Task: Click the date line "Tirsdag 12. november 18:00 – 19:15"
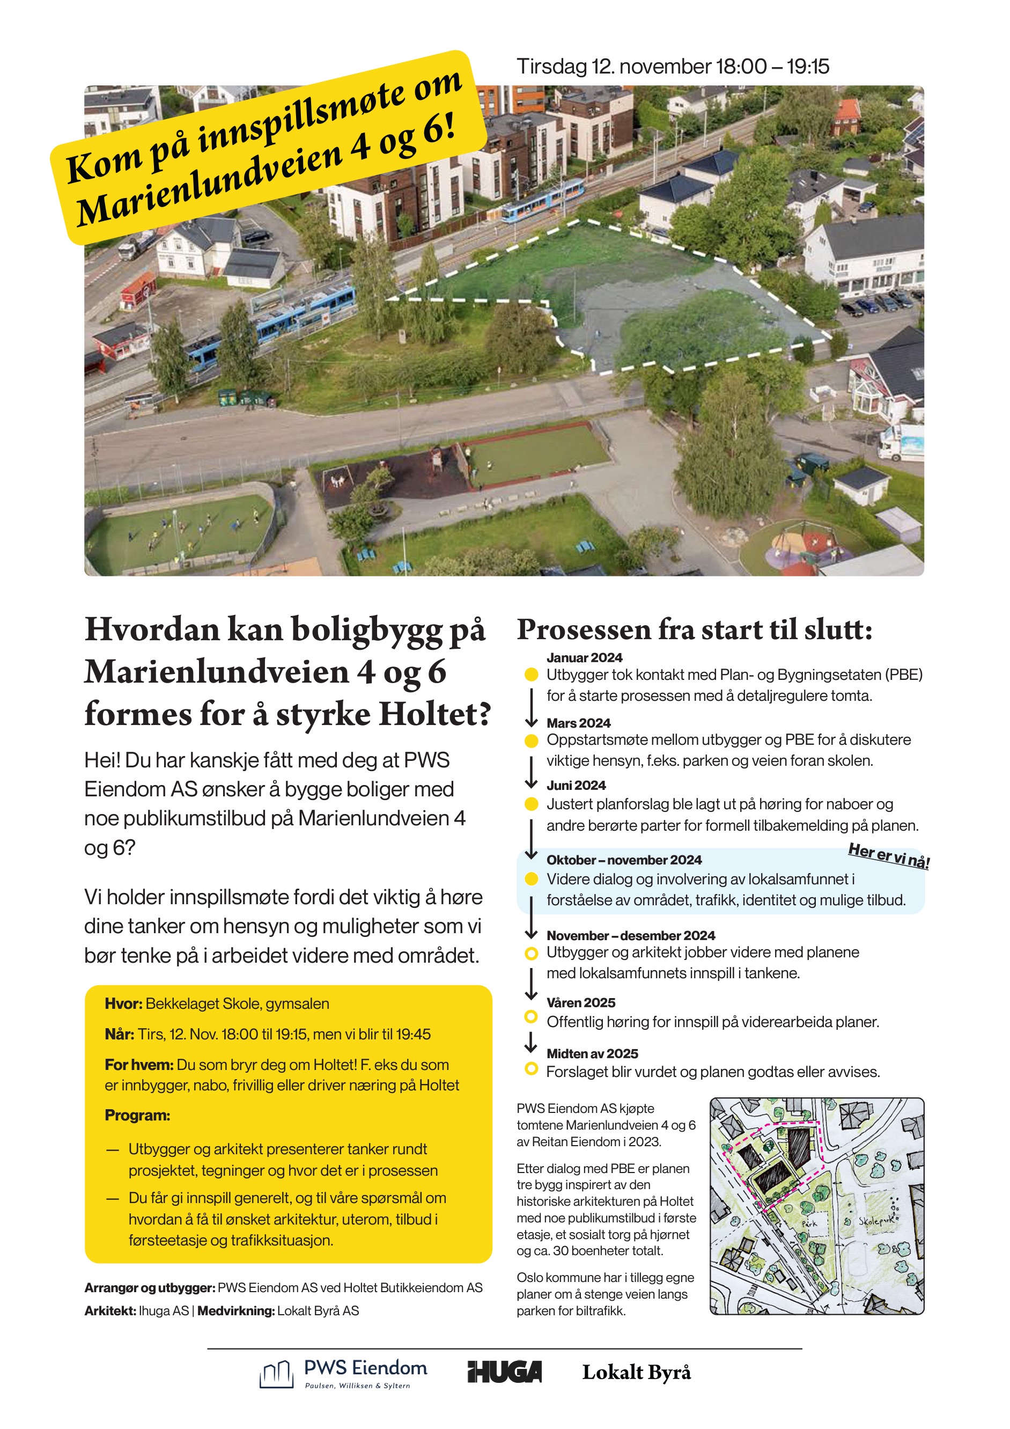pos(672,67)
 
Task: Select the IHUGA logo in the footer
pos(504,1372)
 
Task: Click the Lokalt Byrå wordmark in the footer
pos(636,1372)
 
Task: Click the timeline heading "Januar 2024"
pos(584,657)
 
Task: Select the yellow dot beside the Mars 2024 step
pos(531,741)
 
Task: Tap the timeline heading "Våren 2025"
pos(580,1003)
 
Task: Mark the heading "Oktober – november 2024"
pos(624,860)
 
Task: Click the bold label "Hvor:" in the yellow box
pos(123,1004)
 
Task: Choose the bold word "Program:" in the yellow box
pos(137,1115)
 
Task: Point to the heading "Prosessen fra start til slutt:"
pos(694,630)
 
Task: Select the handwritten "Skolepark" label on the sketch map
pos(878,1221)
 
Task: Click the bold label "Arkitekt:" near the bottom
pos(109,1311)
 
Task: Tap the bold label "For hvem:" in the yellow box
pos(139,1065)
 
